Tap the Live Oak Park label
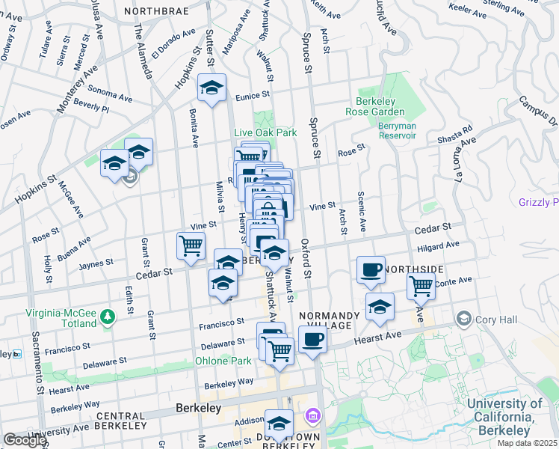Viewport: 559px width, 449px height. (265, 132)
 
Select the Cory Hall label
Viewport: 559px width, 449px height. (498, 320)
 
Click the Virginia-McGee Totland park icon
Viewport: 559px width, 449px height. (109, 317)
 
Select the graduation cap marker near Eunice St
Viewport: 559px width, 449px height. (211, 88)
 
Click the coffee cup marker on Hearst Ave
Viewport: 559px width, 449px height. (312, 339)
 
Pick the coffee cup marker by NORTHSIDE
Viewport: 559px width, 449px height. (371, 270)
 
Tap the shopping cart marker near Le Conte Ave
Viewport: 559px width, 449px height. (421, 285)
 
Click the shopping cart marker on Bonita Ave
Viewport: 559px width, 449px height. (191, 245)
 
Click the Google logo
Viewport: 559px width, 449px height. (25, 440)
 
